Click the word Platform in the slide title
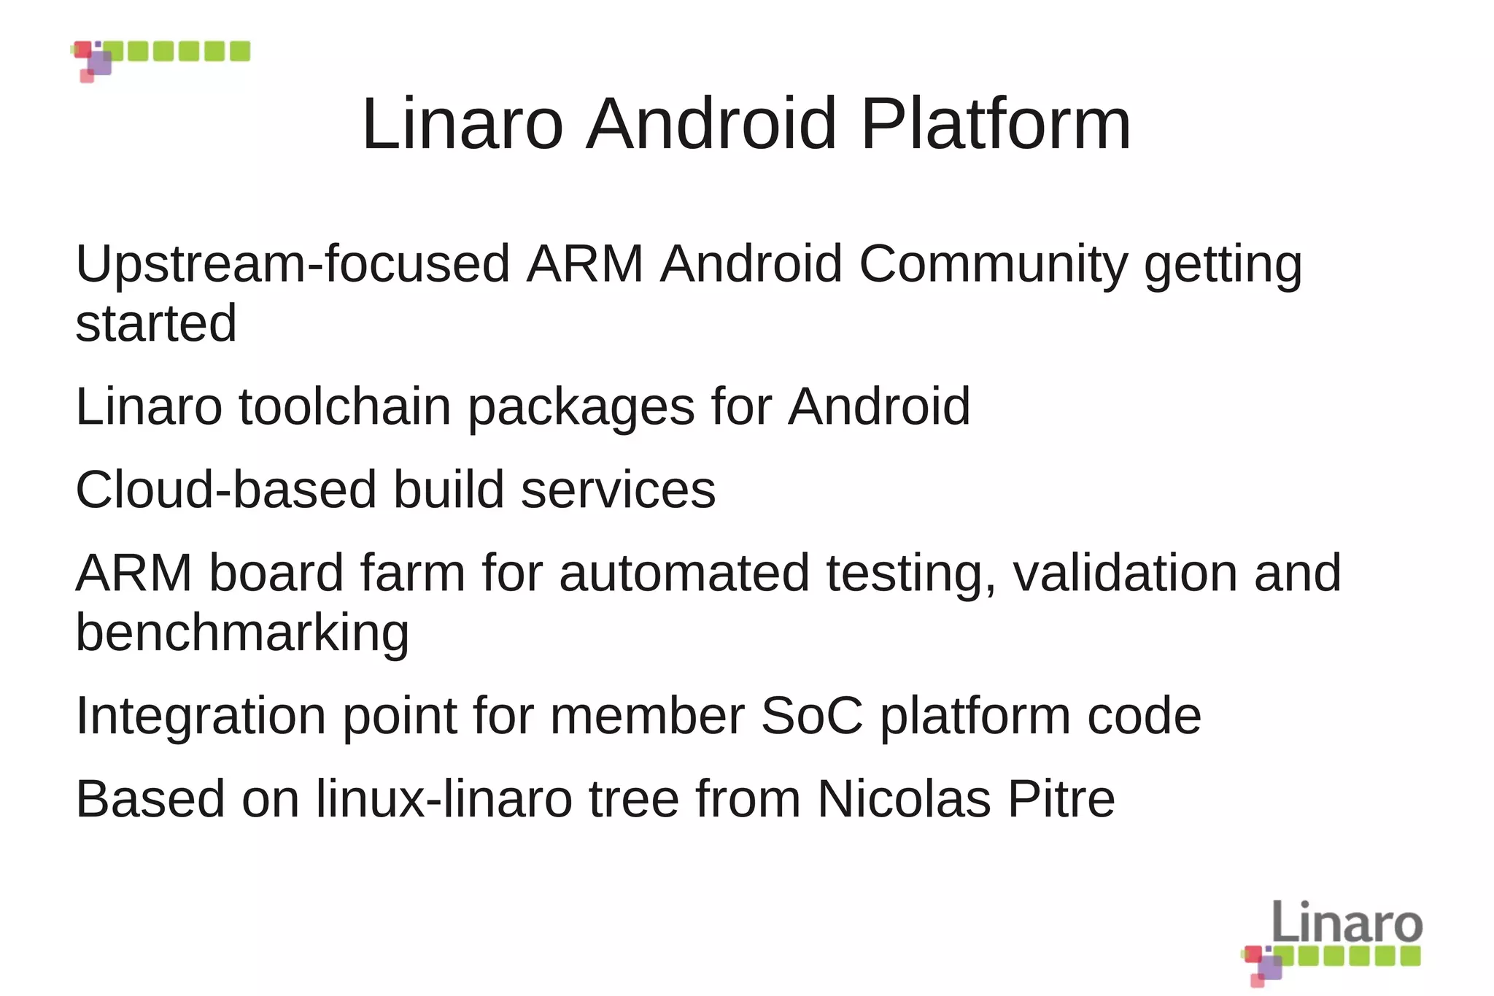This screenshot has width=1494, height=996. pyautogui.click(x=996, y=124)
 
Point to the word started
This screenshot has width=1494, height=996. pyautogui.click(x=156, y=323)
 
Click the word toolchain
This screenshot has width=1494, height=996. pyautogui.click(x=345, y=406)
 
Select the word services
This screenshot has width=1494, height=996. pyautogui.click(x=618, y=490)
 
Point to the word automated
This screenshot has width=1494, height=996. pyautogui.click(x=684, y=573)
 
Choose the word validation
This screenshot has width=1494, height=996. pyautogui.click(x=1125, y=573)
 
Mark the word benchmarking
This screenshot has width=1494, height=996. pyautogui.click(x=242, y=633)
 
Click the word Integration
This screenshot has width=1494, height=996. pyautogui.click(x=201, y=717)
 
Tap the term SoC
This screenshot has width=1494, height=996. pyautogui.click(x=811, y=716)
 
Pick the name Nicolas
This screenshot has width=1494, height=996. pyautogui.click(x=904, y=799)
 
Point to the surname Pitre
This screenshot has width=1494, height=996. pyautogui.click(x=1061, y=799)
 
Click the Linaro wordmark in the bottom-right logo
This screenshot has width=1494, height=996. pyautogui.click(x=1347, y=922)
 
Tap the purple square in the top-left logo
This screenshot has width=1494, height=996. pyautogui.click(x=100, y=63)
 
